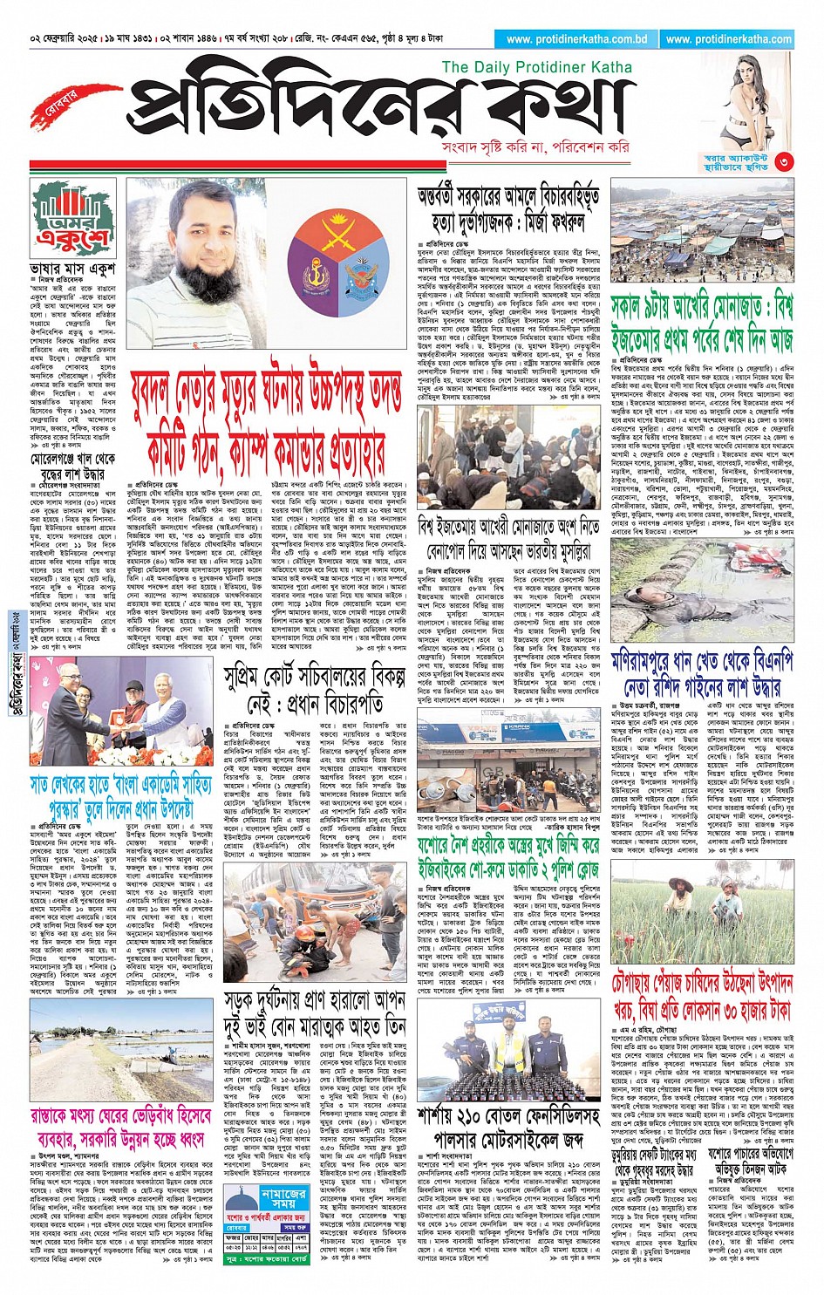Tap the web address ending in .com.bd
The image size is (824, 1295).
(576, 39)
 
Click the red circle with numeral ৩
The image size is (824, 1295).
(783, 160)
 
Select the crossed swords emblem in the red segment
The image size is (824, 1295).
(344, 230)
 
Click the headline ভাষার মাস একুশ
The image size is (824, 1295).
(72, 269)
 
